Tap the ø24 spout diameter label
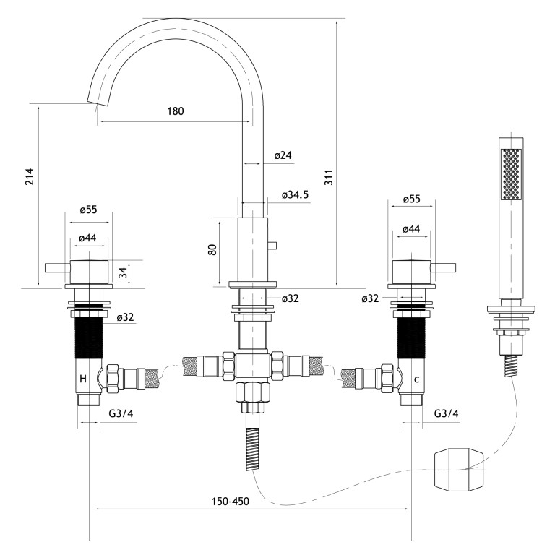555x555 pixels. (x=283, y=155)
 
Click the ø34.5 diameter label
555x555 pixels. (x=295, y=194)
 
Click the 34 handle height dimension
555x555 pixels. (x=123, y=272)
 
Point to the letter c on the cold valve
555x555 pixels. (x=417, y=379)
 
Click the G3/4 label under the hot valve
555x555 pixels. (x=121, y=413)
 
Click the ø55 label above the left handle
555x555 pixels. (x=88, y=210)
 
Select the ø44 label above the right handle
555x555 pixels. (x=410, y=229)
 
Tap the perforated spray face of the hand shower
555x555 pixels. (x=510, y=173)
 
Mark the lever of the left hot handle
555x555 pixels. (x=56, y=269)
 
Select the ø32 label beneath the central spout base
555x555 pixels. (x=290, y=298)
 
